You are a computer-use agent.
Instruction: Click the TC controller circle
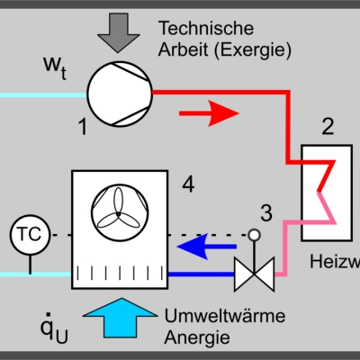click(x=26, y=235)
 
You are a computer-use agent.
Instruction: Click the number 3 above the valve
click(x=265, y=213)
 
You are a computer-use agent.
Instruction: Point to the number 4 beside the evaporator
click(x=188, y=184)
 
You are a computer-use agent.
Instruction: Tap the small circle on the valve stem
click(x=254, y=235)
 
